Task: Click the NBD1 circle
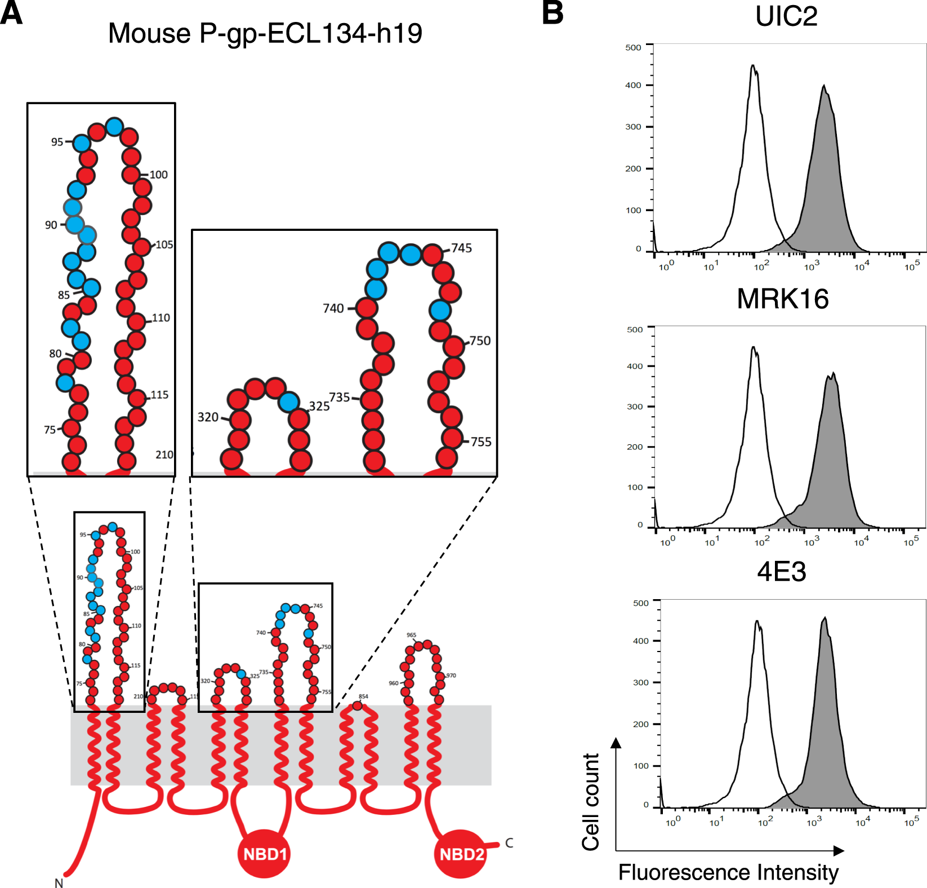(x=264, y=854)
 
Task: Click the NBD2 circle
(x=461, y=854)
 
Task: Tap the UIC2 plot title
(x=786, y=16)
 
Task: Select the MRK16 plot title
(x=782, y=298)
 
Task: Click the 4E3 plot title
(x=781, y=572)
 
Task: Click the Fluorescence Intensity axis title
(x=728, y=872)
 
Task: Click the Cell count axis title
(x=591, y=802)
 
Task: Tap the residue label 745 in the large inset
(x=461, y=248)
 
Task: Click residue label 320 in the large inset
(x=208, y=417)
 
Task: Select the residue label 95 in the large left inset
(x=57, y=142)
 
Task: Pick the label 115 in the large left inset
(x=159, y=395)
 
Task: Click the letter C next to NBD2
(x=509, y=843)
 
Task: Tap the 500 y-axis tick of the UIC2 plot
(x=633, y=47)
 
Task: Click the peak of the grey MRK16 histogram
(x=832, y=374)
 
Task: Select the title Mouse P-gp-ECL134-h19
(x=265, y=33)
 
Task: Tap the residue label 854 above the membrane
(x=363, y=697)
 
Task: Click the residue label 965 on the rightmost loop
(x=411, y=635)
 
